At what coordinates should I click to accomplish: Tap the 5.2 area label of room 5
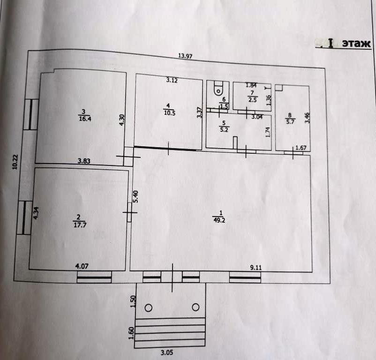224,129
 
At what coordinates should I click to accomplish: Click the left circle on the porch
149,307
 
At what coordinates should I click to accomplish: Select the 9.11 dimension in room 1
256,268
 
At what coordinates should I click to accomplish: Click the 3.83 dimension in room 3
84,161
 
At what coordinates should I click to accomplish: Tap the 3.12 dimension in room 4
172,80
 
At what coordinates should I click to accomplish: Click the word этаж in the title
356,44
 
